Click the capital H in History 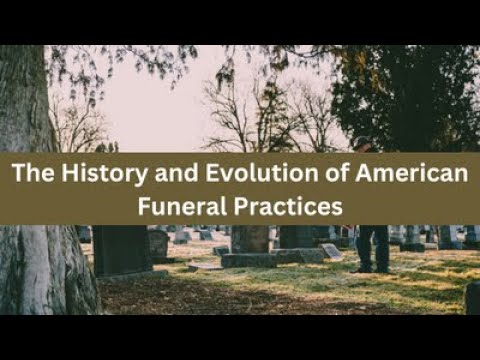click(x=61, y=174)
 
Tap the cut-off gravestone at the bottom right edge click(x=471, y=297)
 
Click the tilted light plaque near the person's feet click(x=331, y=252)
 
